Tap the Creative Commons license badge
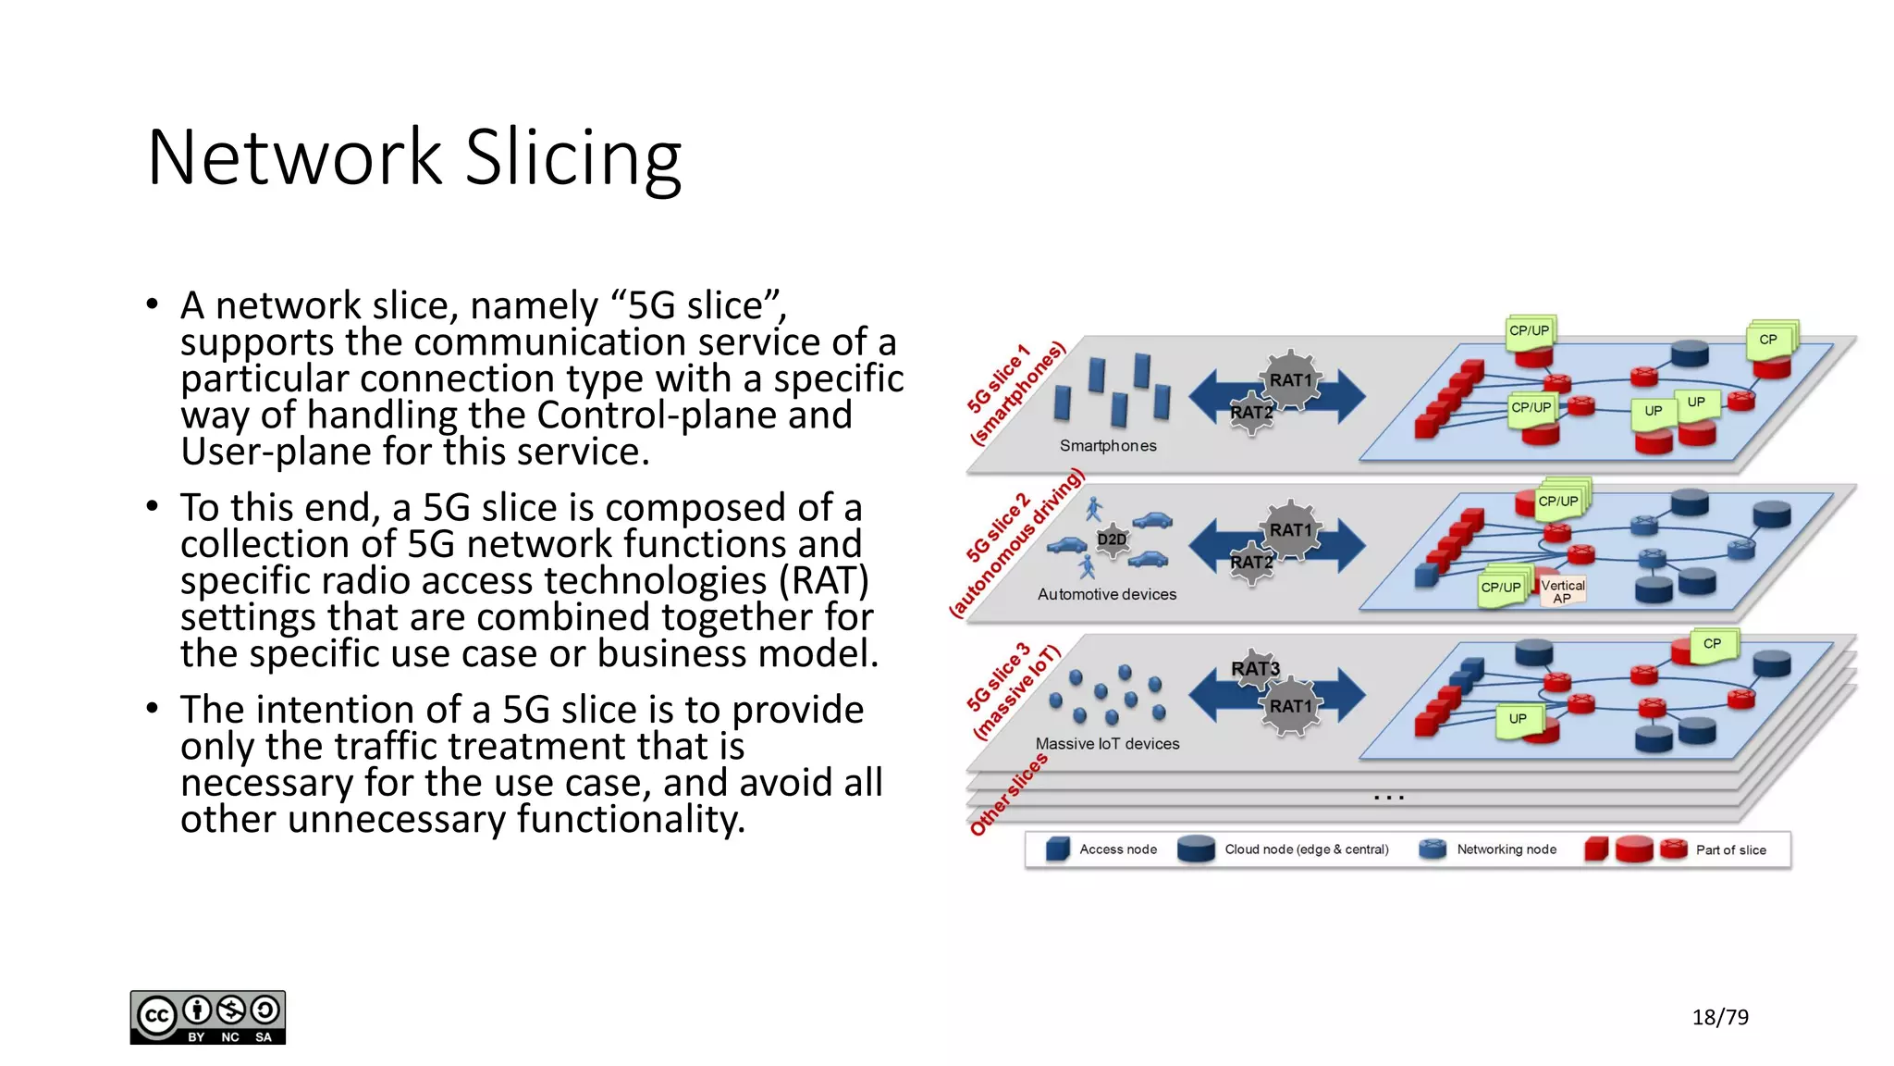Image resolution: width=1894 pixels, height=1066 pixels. (208, 1017)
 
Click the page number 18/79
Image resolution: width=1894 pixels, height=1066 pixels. (1719, 1017)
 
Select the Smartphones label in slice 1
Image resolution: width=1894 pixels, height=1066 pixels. (1107, 446)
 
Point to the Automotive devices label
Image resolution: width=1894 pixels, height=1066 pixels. (1106, 594)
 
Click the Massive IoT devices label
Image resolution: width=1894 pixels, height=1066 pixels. (1107, 744)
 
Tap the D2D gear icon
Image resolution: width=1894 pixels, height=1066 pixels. (1112, 539)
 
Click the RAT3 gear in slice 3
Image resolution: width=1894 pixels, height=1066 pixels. (1254, 668)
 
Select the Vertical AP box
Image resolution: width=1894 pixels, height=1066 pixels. (1562, 591)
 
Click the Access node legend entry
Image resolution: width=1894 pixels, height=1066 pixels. (1117, 849)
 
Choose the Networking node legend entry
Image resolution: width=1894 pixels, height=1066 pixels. (1506, 849)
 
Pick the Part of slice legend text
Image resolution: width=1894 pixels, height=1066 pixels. (1730, 850)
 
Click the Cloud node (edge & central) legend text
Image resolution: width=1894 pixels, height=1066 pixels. (1306, 849)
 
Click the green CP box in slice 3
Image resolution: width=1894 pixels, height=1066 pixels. (1712, 644)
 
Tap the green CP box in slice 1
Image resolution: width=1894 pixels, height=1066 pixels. (1767, 340)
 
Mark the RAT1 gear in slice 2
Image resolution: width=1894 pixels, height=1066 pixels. (1290, 530)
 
